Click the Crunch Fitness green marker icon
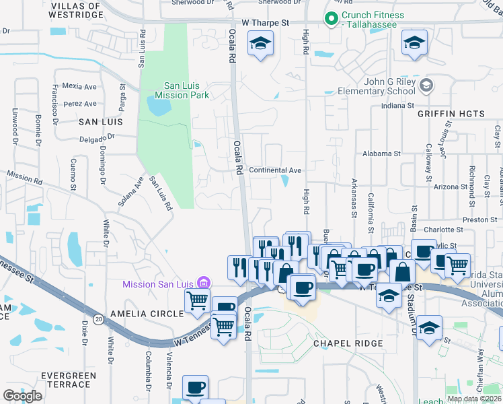coord(331,20)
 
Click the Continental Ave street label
coord(275,170)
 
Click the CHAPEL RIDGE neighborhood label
coord(348,343)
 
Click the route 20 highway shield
coord(99,318)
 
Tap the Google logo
coord(22,395)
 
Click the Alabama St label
coord(381,154)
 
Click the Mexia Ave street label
coord(79,86)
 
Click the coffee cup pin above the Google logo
coord(196,387)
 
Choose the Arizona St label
coord(451,187)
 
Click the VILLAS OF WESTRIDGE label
coord(74,9)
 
